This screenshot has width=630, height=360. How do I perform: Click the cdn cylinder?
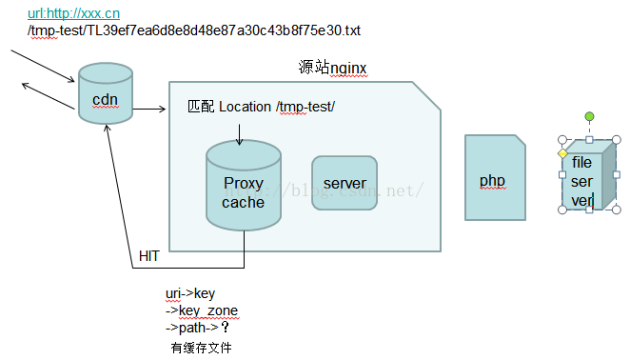[106, 95]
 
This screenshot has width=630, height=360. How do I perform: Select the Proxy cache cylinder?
[243, 190]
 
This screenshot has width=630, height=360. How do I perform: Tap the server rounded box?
[345, 183]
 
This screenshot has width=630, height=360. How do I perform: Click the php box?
[493, 180]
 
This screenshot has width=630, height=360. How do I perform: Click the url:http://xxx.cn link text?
[74, 13]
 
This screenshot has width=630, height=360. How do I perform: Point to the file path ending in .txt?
[195, 30]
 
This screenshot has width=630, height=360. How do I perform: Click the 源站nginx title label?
[332, 67]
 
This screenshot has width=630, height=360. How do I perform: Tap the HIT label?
[148, 256]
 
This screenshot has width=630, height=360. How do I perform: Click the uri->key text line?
[190, 293]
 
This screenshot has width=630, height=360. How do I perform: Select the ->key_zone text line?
[202, 310]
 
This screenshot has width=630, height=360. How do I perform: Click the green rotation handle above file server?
[589, 117]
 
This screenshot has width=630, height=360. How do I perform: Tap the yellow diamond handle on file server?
[562, 153]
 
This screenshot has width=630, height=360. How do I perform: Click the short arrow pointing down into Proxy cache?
[239, 132]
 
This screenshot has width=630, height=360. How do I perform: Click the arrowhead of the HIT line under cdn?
[110, 129]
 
